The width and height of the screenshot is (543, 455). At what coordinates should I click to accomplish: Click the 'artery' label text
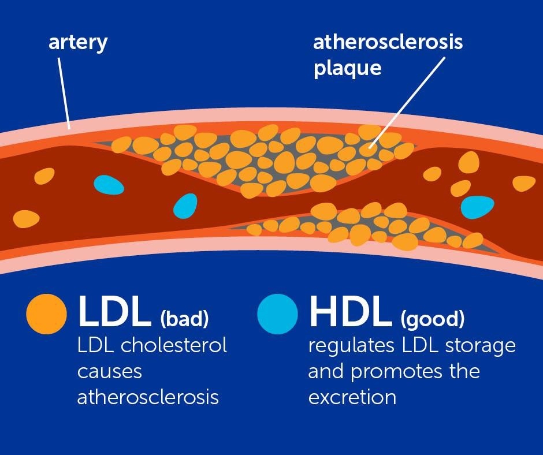pyautogui.click(x=77, y=43)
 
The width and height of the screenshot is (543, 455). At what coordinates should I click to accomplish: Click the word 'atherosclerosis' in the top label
pyautogui.click(x=388, y=43)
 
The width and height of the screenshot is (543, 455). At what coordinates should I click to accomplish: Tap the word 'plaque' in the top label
pyautogui.click(x=347, y=68)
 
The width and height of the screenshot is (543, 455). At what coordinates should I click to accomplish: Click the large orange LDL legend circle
pyautogui.click(x=47, y=315)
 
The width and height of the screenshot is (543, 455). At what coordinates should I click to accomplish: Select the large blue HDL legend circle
pyautogui.click(x=277, y=315)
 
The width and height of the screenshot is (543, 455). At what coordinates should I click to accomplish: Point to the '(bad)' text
pyautogui.click(x=184, y=319)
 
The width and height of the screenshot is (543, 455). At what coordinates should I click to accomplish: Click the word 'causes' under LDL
pyautogui.click(x=110, y=371)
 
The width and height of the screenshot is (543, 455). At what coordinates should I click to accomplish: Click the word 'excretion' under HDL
pyautogui.click(x=352, y=397)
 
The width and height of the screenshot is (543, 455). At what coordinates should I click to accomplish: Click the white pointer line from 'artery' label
pyautogui.click(x=64, y=92)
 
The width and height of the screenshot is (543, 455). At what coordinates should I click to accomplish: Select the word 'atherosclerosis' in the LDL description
pyautogui.click(x=148, y=397)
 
